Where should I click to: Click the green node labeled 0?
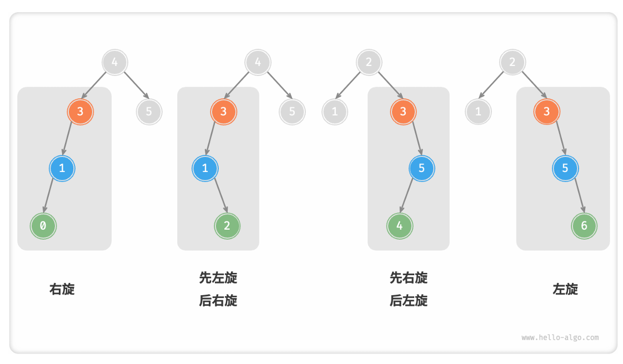click(43, 226)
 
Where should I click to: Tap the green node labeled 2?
click(228, 226)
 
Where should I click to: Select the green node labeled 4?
click(400, 226)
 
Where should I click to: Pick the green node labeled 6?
click(584, 226)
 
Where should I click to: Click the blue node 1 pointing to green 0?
click(62, 168)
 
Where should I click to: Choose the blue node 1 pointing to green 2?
click(205, 168)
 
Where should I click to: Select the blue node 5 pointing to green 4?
click(421, 168)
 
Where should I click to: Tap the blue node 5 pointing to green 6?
click(565, 168)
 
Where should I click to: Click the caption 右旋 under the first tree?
click(62, 289)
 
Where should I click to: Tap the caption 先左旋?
click(218, 277)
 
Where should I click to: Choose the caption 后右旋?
click(218, 301)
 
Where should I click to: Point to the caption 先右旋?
click(409, 277)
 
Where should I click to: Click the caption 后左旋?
click(409, 301)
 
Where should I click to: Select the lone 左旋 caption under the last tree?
click(565, 289)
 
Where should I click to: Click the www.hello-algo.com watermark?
click(560, 337)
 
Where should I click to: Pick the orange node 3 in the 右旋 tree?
click(81, 112)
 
